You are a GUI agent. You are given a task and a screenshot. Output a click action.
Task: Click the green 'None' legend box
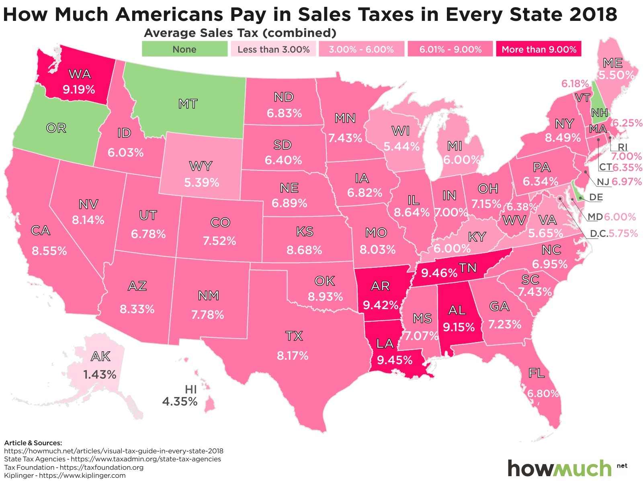tap(184, 49)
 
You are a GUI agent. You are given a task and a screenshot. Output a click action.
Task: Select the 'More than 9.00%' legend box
tap(539, 49)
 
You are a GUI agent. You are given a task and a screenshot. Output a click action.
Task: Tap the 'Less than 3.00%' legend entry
tap(273, 49)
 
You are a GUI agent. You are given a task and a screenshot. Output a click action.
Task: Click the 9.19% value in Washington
tap(79, 89)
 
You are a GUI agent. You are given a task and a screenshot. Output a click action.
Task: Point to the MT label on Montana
tap(188, 104)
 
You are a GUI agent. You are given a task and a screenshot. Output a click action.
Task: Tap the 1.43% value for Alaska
tap(100, 375)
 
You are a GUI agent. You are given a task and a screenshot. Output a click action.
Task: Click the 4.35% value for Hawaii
tap(180, 401)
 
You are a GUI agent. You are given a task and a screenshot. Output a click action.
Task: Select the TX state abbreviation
tap(294, 336)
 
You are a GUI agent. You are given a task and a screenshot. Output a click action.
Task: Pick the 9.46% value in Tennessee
tap(439, 273)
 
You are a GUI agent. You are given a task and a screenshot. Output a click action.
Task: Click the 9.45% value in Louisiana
tap(395, 360)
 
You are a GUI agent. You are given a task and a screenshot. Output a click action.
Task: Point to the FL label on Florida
tap(537, 373)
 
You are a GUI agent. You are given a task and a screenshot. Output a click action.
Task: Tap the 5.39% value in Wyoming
tap(202, 183)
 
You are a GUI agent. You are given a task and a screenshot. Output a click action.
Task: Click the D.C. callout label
tap(598, 234)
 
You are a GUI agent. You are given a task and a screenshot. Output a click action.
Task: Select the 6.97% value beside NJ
tap(627, 181)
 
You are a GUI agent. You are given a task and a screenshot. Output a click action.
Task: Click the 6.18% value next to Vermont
tap(575, 84)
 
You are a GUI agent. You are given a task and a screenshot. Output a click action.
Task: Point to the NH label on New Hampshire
tap(600, 113)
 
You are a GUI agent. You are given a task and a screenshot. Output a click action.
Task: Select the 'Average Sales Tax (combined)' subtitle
tap(240, 33)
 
